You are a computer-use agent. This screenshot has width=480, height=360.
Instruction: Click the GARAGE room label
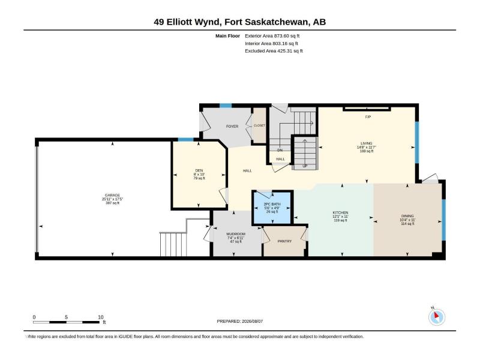[112, 195]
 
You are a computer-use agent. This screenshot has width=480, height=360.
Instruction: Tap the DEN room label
[199, 170]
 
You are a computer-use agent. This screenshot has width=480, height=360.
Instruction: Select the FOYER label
[232, 126]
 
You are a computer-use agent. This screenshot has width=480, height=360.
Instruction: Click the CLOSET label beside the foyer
[259, 125]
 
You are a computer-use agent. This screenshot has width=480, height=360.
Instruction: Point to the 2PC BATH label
[272, 204]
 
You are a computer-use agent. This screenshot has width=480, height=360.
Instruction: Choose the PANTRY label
[284, 241]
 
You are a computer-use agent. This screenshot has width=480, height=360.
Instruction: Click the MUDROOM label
[236, 234]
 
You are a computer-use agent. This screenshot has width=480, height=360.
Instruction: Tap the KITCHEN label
[340, 212]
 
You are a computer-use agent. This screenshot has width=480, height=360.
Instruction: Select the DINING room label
[407, 216]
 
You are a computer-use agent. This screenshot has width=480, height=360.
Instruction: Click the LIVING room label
[367, 143]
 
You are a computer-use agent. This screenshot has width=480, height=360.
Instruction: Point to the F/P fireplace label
[368, 116]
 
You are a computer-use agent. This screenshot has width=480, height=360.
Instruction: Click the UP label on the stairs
[305, 166]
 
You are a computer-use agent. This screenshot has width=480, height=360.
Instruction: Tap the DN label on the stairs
[280, 151]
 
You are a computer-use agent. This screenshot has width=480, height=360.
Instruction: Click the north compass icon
[437, 317]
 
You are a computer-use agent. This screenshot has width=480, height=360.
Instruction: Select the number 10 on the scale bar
[101, 317]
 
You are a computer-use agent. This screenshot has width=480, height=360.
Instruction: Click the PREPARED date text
[239, 321]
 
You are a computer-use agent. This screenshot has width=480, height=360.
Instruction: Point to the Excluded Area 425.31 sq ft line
[274, 51]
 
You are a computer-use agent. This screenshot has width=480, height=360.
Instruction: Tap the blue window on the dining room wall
[444, 220]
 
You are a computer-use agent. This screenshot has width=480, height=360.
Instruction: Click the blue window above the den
[186, 140]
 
